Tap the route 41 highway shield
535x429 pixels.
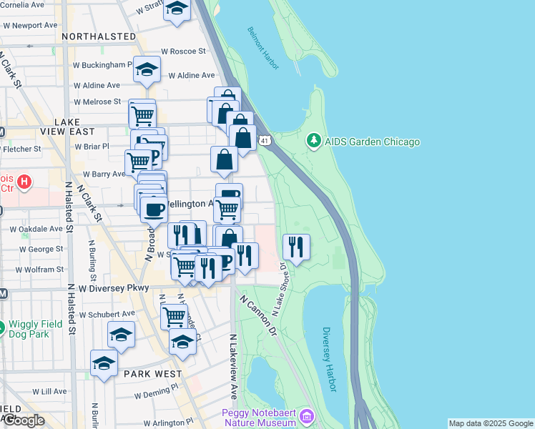[x=265, y=141]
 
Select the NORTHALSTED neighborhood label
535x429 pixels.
[x=99, y=36]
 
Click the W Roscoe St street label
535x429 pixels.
[x=183, y=51]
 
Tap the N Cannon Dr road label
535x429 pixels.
[x=257, y=316]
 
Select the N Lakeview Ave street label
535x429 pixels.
[x=233, y=365]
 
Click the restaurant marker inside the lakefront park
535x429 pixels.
[x=296, y=247]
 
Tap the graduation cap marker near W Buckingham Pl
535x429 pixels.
[x=147, y=69]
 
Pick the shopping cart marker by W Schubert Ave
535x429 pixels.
[x=174, y=315]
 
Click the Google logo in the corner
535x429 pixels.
[x=23, y=420]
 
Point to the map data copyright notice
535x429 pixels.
[x=491, y=423]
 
